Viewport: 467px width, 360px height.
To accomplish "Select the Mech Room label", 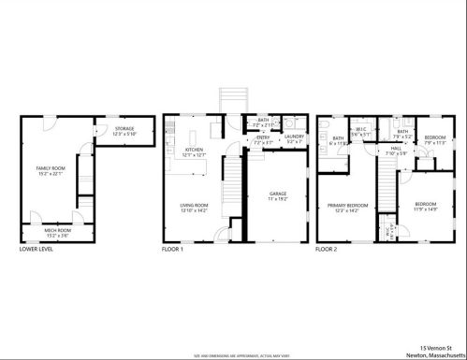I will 58,229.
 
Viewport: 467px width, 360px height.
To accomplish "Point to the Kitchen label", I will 195,151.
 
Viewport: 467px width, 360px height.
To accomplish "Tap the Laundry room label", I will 293,138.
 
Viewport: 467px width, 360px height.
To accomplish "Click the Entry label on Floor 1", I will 264,138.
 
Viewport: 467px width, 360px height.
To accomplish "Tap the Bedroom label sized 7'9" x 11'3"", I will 433,140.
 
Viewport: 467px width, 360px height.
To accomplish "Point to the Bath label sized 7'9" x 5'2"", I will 402,133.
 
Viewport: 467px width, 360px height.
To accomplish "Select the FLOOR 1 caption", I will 172,250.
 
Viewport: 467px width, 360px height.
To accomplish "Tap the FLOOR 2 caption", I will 326,250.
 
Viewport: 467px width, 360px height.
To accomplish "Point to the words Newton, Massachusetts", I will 435,354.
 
